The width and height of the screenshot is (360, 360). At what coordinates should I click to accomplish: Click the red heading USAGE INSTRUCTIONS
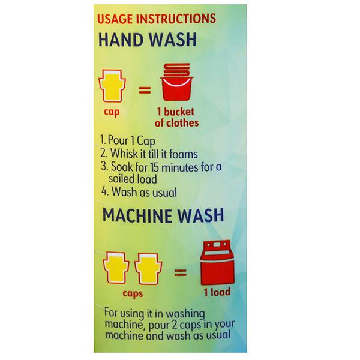click(x=157, y=19)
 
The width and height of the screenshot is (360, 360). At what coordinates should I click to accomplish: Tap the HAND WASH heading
click(x=148, y=40)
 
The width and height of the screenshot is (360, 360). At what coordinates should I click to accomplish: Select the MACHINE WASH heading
click(x=163, y=215)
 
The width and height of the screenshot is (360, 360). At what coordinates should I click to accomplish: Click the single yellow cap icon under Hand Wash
click(x=112, y=85)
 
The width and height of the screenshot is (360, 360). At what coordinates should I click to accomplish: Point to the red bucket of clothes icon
click(x=177, y=85)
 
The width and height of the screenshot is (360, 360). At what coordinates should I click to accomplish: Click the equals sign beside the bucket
click(x=145, y=90)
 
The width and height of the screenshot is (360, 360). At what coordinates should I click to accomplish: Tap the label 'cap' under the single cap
click(x=112, y=112)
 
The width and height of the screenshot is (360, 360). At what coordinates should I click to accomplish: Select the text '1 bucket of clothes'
click(x=176, y=118)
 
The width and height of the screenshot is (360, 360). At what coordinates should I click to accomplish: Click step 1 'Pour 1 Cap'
click(x=128, y=140)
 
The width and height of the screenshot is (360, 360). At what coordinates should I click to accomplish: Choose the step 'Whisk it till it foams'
click(x=149, y=154)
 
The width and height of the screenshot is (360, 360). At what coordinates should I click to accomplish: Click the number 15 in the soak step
click(x=155, y=167)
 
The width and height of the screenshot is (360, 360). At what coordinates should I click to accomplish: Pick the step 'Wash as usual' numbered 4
click(x=139, y=192)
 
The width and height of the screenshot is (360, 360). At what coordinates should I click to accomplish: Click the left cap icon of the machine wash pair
click(x=116, y=268)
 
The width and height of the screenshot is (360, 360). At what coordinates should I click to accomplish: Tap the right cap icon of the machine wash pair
click(x=148, y=269)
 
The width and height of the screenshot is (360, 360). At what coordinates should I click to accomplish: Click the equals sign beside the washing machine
click(x=180, y=272)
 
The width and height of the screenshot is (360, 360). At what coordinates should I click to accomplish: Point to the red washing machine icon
click(x=217, y=262)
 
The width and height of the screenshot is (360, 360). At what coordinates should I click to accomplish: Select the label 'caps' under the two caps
click(x=133, y=293)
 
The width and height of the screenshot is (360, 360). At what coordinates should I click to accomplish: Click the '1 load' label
click(x=217, y=292)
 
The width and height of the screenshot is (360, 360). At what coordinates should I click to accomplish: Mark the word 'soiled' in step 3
click(x=121, y=179)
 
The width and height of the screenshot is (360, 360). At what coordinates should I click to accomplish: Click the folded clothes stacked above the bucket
click(x=177, y=70)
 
